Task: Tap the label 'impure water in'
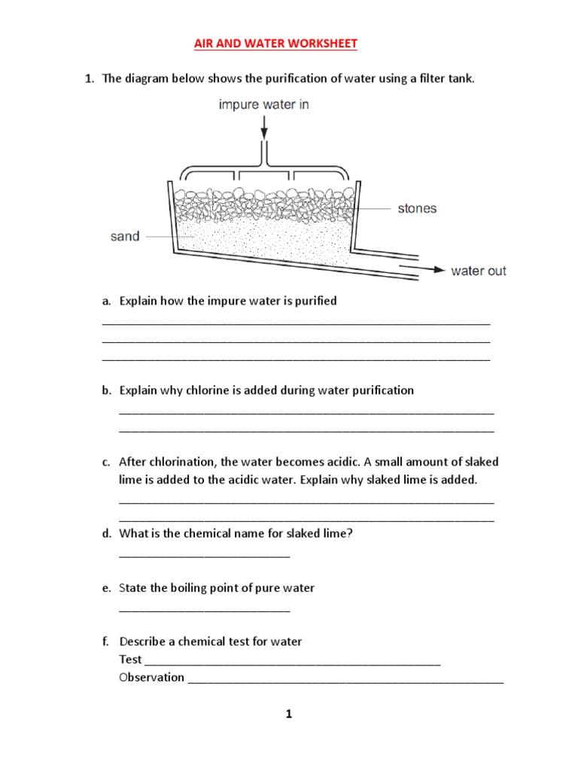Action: [263, 105]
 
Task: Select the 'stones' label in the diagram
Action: [417, 208]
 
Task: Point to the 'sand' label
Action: [125, 236]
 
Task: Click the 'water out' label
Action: [479, 271]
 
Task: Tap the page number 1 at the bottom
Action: [288, 714]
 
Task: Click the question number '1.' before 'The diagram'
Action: [89, 78]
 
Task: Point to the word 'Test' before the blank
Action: [130, 659]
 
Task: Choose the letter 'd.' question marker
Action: [107, 533]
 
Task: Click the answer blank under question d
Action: [205, 555]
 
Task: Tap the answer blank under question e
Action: [205, 609]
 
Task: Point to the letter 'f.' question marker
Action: [106, 641]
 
